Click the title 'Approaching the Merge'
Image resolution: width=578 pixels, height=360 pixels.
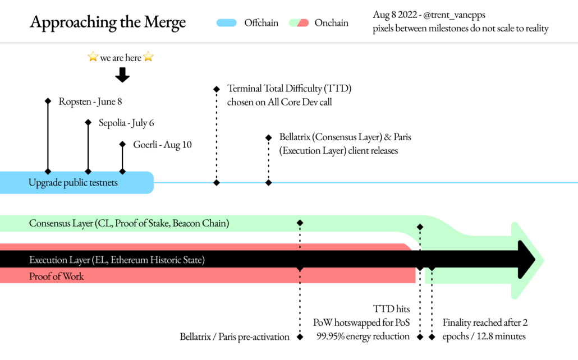click(x=107, y=22)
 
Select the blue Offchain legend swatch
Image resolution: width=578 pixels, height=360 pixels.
click(x=227, y=23)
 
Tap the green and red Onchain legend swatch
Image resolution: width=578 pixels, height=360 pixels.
click(x=299, y=23)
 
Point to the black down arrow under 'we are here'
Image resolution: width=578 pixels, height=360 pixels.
click(x=122, y=74)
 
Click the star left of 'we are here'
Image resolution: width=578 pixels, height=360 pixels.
click(x=93, y=57)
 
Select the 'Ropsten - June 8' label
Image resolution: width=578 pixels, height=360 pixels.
click(x=90, y=101)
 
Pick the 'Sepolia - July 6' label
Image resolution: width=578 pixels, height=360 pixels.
click(x=126, y=123)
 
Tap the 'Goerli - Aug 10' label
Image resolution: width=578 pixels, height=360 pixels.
click(x=162, y=145)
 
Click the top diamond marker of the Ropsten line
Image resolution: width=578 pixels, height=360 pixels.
click(x=48, y=101)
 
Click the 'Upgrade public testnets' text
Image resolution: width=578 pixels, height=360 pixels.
click(x=73, y=183)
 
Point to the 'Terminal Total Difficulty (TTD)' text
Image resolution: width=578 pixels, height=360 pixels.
click(x=289, y=89)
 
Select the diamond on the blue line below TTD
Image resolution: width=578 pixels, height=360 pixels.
click(x=216, y=182)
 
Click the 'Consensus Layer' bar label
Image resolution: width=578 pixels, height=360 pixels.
click(x=129, y=224)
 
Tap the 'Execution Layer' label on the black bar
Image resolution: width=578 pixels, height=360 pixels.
click(x=117, y=260)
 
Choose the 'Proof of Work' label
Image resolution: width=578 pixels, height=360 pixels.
click(x=56, y=276)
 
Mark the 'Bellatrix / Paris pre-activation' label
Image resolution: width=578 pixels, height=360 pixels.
click(x=235, y=337)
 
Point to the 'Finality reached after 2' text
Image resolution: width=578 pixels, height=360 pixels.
click(x=485, y=323)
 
